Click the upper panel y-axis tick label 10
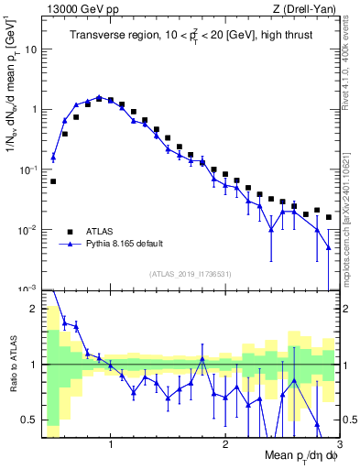coord(31,49)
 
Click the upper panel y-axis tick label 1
coord(34,110)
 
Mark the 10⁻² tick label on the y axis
coord(29,229)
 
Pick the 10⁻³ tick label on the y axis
coord(29,289)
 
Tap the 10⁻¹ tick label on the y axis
coord(29,169)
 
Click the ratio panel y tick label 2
coord(35,309)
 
